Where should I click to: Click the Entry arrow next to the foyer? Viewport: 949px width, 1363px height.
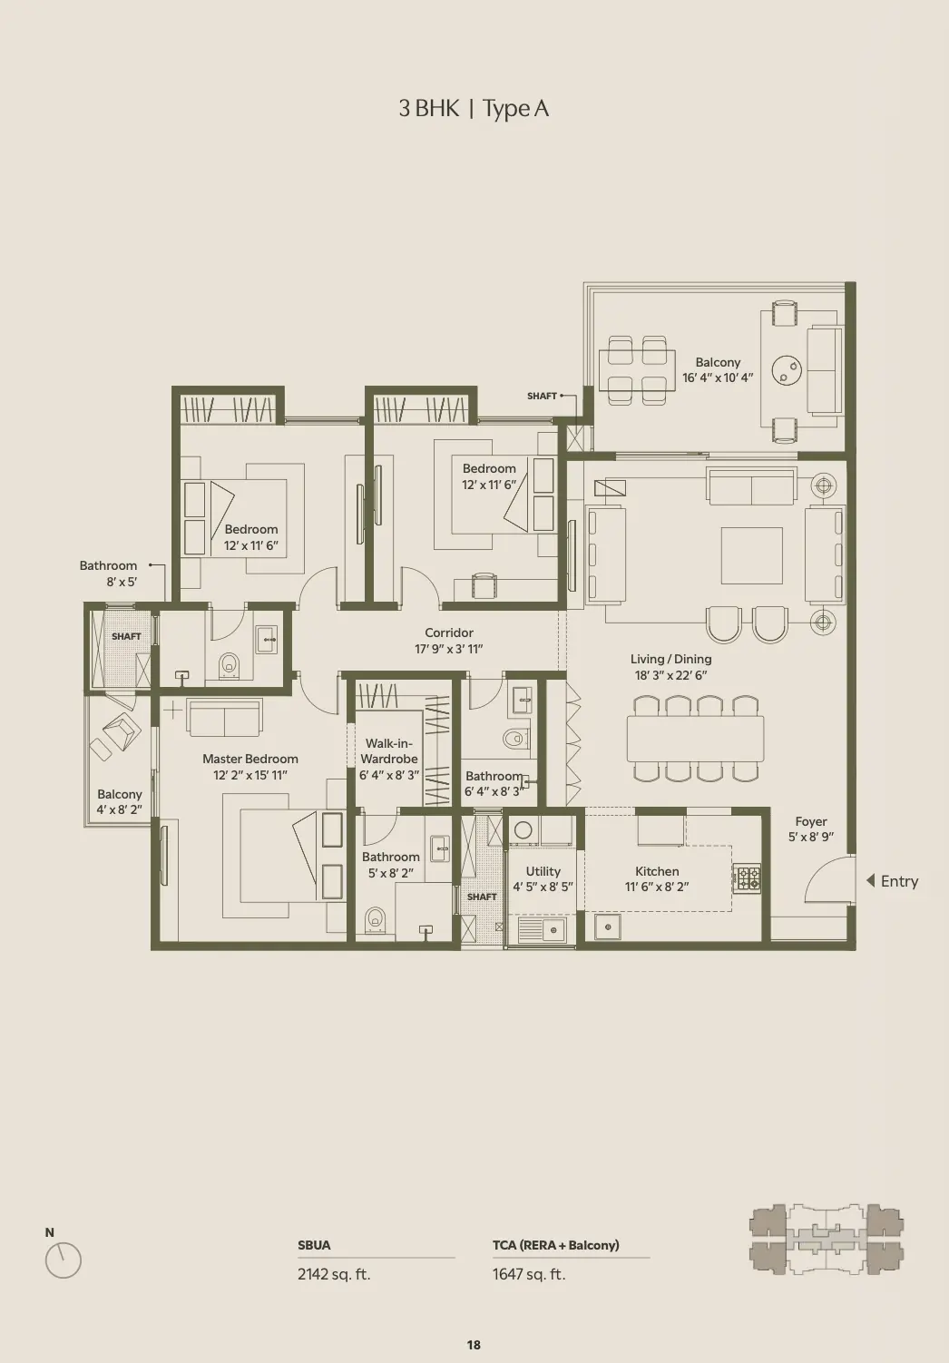(871, 880)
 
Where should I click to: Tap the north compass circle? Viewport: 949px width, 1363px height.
(64, 1260)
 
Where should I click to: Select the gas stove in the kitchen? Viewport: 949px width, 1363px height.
(747, 878)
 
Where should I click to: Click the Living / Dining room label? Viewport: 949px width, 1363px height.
(671, 659)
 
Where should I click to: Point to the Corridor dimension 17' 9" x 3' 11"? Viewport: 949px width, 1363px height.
(449, 649)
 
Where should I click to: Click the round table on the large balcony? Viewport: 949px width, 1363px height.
(787, 369)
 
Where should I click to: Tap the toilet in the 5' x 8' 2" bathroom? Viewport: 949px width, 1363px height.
(376, 919)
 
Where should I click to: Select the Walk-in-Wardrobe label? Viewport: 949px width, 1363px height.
(388, 750)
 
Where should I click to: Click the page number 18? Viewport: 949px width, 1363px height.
(474, 1345)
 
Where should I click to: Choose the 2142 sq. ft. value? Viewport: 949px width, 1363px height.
(334, 1273)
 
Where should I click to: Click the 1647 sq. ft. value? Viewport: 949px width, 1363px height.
(529, 1273)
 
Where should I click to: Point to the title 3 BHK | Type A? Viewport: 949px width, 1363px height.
(474, 109)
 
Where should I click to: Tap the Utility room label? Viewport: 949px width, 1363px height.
(543, 871)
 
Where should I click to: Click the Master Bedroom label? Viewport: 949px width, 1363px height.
(250, 759)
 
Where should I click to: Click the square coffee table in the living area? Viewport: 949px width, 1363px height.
(752, 555)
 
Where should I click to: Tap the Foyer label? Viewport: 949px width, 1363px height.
(811, 821)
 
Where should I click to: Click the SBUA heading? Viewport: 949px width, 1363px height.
(314, 1245)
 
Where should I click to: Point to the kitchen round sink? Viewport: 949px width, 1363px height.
(607, 927)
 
